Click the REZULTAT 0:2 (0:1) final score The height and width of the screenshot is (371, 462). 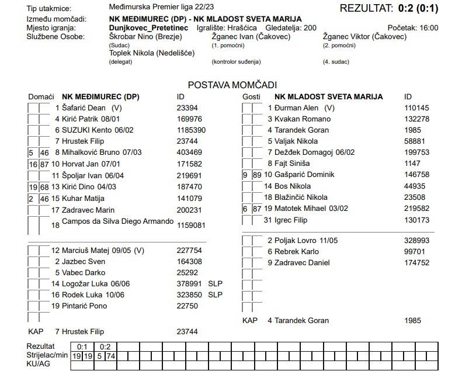click(x=395, y=8)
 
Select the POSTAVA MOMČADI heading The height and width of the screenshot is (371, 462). click(x=232, y=85)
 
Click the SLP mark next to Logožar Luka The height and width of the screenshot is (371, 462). click(x=216, y=283)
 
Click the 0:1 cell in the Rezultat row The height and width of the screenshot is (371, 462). click(x=83, y=346)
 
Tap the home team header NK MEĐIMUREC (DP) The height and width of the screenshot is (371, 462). click(x=100, y=96)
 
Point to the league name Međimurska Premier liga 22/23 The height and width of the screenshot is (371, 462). click(x=158, y=8)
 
